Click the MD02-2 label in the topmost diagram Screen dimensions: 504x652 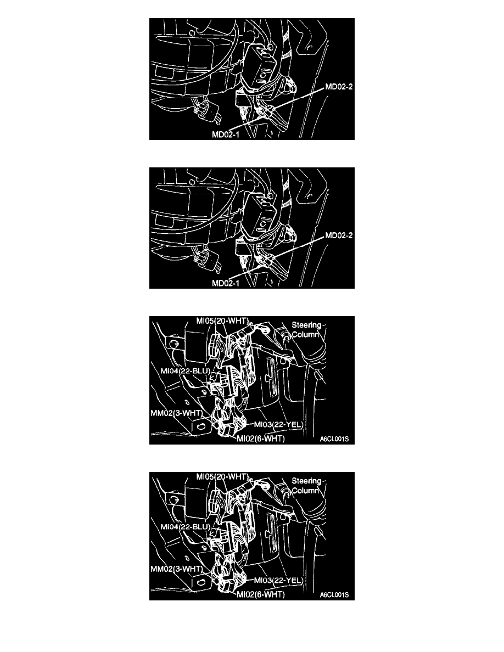[339, 87]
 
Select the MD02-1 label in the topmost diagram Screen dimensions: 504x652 [226, 134]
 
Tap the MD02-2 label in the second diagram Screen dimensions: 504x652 [339, 236]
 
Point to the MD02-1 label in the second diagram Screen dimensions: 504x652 [226, 283]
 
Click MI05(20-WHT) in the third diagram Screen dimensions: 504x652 [222, 321]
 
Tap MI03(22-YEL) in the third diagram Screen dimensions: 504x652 [278, 425]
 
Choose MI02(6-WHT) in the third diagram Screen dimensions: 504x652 [261, 439]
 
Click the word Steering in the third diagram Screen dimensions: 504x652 [306, 325]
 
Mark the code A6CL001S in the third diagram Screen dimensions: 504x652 [334, 439]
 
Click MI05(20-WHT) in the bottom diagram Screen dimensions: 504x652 [222, 477]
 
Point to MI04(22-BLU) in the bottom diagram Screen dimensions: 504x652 [185, 527]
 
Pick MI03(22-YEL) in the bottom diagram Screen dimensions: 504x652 [278, 581]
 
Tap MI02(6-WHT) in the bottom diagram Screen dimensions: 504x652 [261, 594]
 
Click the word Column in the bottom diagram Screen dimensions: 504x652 [306, 491]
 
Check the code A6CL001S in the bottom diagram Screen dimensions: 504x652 [334, 595]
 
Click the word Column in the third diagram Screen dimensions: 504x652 [306, 335]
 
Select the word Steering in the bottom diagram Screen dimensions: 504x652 [306, 481]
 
